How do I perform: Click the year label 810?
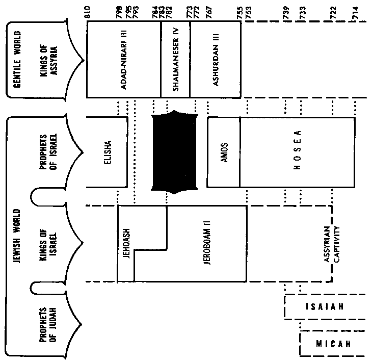coord(88,12)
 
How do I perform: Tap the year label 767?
coord(209,12)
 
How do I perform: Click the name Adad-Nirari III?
coord(124,59)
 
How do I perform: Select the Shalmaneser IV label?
coord(176,60)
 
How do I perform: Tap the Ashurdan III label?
coord(216,59)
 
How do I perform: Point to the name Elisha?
coord(108,152)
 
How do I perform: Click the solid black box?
coord(174,152)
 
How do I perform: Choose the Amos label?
coord(224,152)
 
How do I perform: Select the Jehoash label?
coord(126,244)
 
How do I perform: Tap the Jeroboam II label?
coord(207,243)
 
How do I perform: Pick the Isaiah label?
coord(325,307)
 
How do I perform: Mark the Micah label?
coord(333,344)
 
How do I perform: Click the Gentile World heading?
coord(17,59)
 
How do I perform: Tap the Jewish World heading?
coord(17,236)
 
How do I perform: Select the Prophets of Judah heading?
coord(48,325)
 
